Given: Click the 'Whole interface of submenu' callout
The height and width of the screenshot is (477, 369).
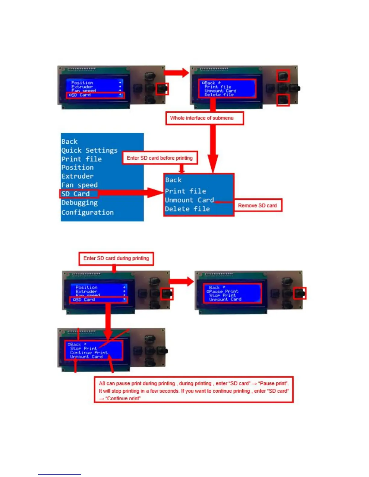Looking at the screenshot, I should click(204, 118).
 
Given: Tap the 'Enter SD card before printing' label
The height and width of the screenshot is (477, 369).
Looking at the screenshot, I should click(159, 158).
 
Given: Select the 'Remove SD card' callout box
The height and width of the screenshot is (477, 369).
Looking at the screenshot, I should click(257, 205).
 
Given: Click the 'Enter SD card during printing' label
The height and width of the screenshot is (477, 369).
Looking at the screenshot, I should click(116, 258).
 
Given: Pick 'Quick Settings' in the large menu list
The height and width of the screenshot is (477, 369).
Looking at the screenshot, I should click(89, 150).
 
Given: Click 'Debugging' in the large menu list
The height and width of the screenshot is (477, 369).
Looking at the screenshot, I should click(79, 203).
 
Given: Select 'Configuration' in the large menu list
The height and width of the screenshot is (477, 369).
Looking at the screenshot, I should click(87, 212).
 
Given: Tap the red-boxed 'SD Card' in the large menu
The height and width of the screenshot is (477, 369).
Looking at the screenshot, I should click(75, 194).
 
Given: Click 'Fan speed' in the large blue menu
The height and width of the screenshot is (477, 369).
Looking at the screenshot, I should click(79, 185).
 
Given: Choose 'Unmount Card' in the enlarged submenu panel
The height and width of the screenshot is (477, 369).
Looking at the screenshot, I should click(189, 200).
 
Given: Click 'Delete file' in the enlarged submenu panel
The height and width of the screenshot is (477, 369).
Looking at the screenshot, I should click(187, 209).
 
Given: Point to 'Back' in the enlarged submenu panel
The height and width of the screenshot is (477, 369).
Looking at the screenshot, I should click(173, 180).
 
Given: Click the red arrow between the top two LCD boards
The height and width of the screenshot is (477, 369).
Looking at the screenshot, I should click(176, 73).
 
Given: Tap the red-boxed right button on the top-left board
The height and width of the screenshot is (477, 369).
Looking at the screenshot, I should click(162, 89).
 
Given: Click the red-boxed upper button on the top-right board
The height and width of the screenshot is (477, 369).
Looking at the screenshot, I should click(283, 76).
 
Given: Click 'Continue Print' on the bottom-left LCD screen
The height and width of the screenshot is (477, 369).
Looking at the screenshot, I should click(89, 353).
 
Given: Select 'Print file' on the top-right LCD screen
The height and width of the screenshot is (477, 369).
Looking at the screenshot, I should click(218, 87).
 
